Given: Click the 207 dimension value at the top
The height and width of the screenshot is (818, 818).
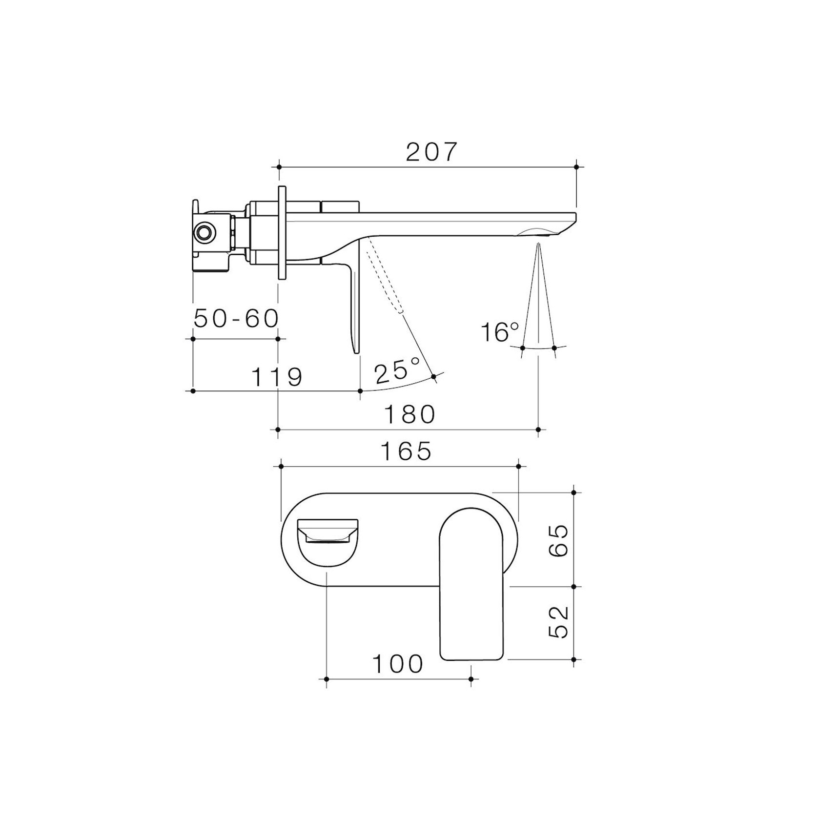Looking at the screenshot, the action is (431, 152).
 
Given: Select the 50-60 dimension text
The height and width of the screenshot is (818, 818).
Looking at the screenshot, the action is (236, 319).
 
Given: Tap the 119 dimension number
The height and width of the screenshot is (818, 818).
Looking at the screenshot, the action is (277, 376).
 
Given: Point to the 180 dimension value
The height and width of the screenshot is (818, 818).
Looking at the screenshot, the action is (410, 414).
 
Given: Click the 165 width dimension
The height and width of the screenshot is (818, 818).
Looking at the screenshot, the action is (406, 451).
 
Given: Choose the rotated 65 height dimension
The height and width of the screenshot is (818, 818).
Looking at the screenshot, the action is (558, 540).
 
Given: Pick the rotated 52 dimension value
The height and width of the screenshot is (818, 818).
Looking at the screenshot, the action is (558, 622).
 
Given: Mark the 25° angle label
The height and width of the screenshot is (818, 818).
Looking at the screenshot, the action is (397, 371).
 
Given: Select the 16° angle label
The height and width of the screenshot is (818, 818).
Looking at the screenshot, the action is (500, 332).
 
